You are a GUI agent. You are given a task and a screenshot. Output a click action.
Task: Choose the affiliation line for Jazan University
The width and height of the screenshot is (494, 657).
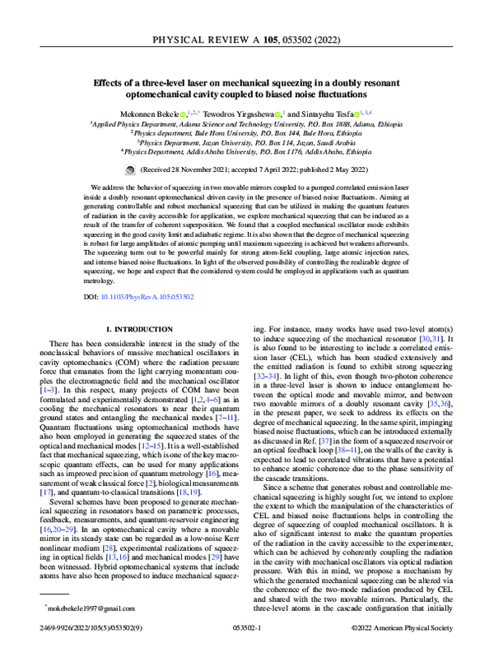(x=247, y=141)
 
